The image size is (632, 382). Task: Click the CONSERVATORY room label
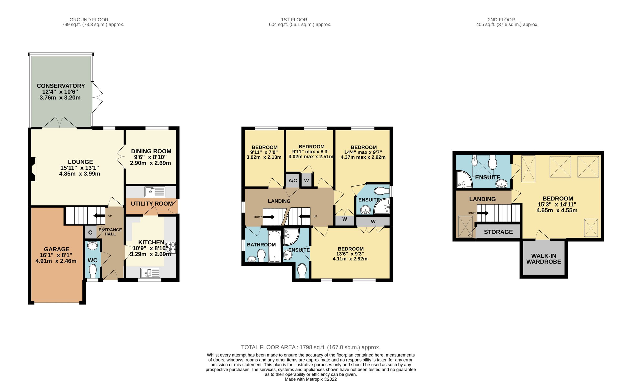point(61,86)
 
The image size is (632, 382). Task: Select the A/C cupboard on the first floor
point(293,180)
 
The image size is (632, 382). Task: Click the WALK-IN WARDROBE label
point(544,259)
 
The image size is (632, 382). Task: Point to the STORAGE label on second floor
point(498,232)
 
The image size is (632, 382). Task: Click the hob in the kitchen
point(170,247)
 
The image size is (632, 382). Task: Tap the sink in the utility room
point(155,192)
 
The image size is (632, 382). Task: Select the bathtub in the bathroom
point(275,247)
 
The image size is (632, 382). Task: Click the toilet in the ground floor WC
point(93,271)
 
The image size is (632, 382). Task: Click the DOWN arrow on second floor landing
point(483,213)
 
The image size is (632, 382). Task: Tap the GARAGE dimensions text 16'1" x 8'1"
point(56,255)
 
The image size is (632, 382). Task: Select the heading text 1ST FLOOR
point(294,20)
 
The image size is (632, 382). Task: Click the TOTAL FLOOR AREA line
point(311,347)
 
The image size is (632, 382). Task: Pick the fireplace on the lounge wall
point(33,169)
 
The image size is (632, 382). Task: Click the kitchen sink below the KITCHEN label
point(150,273)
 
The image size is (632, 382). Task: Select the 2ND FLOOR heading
point(501,20)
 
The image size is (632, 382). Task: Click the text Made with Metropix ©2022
point(311,379)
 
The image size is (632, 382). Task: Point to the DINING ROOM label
point(151,151)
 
